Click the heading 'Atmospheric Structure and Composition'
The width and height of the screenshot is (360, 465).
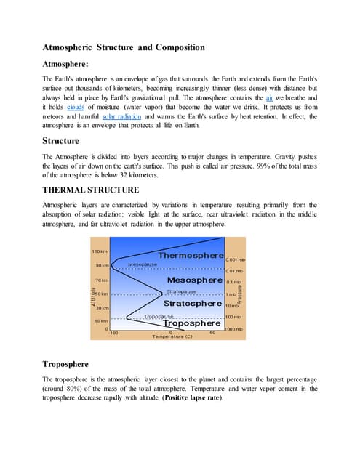pos(123,48)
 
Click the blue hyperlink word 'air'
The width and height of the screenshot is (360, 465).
pos(270,97)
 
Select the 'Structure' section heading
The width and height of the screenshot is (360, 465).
pos(61,140)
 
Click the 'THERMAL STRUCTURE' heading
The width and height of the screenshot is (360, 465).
pos(91,190)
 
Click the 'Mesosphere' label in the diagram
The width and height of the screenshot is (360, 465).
pos(194,280)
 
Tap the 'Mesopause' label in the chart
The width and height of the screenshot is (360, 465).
pos(143,264)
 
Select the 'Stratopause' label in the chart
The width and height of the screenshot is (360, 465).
pos(176,291)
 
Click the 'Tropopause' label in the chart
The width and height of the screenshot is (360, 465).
pos(159,317)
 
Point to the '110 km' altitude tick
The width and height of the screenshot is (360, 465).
pos(100,251)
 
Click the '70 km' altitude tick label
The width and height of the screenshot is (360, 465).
pos(102,280)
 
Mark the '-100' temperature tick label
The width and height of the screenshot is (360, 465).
pos(113,333)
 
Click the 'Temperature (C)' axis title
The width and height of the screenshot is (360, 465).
pos(172,337)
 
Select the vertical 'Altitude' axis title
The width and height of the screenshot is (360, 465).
pos(94,297)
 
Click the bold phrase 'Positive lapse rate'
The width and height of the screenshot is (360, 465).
pos(188,398)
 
